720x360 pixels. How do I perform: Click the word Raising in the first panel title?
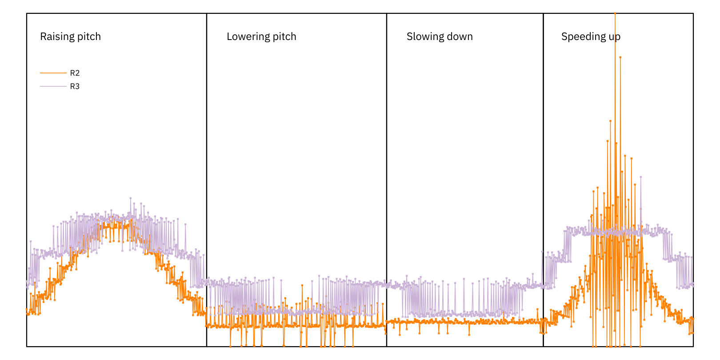click(x=55, y=36)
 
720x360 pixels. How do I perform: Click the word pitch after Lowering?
click(x=284, y=36)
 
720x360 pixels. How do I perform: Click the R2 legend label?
click(x=75, y=73)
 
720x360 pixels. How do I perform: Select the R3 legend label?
click(x=75, y=87)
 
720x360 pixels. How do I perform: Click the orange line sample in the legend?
click(x=53, y=73)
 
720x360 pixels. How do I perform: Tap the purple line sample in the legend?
click(x=53, y=86)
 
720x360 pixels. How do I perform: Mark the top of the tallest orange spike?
click(x=615, y=14)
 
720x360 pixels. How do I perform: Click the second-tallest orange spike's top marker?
click(x=620, y=57)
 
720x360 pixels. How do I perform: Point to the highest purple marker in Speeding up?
click(x=641, y=177)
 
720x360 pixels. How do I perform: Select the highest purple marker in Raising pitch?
click(x=131, y=198)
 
